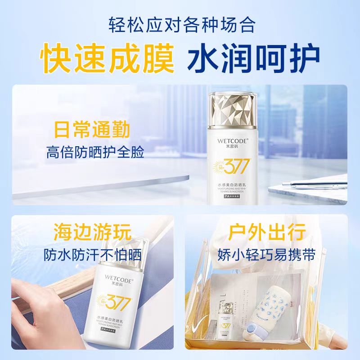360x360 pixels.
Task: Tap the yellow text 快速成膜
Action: click(108, 57)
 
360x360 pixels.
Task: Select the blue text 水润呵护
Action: click(253, 57)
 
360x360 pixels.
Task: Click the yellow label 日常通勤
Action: click(92, 129)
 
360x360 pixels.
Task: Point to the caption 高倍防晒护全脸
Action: click(95, 153)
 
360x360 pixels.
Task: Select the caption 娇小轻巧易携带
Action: click(270, 256)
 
